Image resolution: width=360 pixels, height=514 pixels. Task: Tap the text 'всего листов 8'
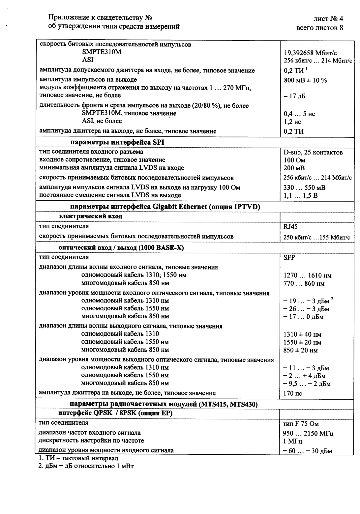(319, 28)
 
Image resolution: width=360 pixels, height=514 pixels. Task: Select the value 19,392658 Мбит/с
(310, 53)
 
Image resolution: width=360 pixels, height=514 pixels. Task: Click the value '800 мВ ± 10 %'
(305, 80)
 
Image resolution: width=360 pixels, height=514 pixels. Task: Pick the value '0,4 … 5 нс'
(299, 114)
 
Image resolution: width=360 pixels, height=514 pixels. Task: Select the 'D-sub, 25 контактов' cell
(313, 153)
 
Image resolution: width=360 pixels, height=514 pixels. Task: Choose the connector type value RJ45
(291, 227)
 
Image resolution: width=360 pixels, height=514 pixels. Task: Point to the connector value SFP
(289, 257)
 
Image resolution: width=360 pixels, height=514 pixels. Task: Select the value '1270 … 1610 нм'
(307, 275)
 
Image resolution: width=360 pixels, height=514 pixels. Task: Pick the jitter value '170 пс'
(293, 393)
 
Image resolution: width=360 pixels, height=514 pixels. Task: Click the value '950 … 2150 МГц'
(308, 434)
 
